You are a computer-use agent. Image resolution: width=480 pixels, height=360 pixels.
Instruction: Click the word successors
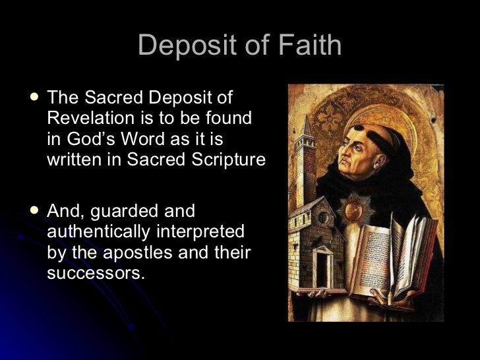click(94, 272)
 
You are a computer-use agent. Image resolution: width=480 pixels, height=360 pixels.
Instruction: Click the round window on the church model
click(323, 218)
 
